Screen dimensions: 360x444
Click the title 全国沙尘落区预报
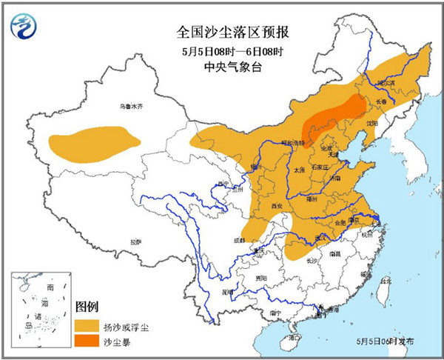[223, 32]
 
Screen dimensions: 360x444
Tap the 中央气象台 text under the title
[223, 66]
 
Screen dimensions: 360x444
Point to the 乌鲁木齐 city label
[129, 107]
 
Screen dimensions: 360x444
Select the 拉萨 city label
[135, 241]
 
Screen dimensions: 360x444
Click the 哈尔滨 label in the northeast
[386, 84]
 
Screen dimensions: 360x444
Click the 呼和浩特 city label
[275, 142]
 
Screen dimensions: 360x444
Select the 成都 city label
[238, 240]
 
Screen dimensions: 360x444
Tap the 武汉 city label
[323, 236]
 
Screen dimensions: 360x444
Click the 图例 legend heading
[87, 306]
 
